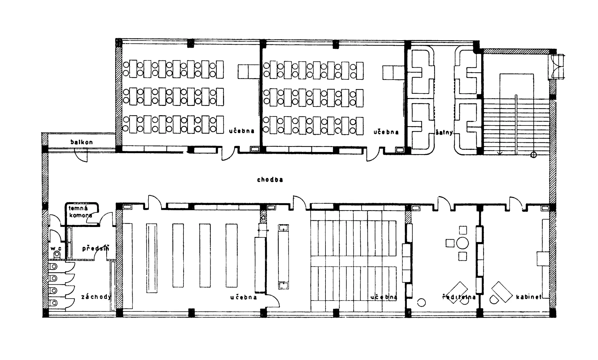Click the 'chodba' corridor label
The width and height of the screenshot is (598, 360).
tap(270, 180)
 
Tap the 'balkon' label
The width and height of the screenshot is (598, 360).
tap(82, 142)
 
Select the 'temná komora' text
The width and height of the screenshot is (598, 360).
tap(80, 212)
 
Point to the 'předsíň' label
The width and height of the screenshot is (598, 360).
tap(96, 248)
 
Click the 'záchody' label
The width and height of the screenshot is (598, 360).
tap(96, 297)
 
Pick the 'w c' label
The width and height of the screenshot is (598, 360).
tap(56, 249)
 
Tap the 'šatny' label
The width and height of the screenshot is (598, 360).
tap(444, 132)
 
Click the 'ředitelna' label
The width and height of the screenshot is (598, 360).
tap(459, 297)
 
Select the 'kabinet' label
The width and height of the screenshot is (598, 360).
tap(529, 297)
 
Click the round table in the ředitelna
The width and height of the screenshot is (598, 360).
tap(463, 243)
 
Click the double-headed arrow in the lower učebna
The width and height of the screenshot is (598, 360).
tap(263, 230)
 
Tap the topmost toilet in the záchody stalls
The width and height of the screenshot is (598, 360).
tap(53, 267)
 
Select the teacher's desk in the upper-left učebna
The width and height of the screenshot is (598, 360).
tap(249, 72)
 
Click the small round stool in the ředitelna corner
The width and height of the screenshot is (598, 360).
tap(421, 302)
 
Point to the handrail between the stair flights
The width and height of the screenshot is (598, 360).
tap(516, 125)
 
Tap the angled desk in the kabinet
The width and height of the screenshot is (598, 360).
tap(502, 292)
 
